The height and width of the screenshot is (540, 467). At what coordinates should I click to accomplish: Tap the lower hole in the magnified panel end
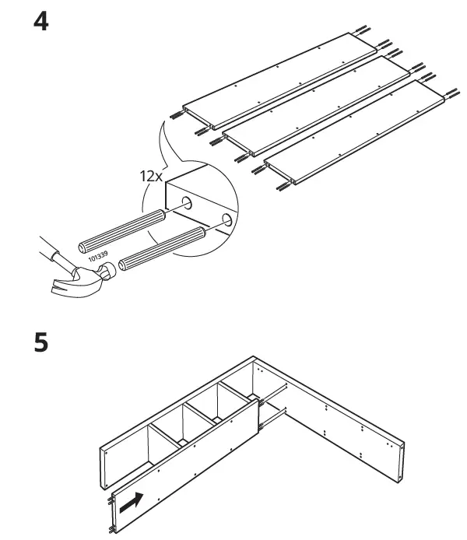click(225, 219)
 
